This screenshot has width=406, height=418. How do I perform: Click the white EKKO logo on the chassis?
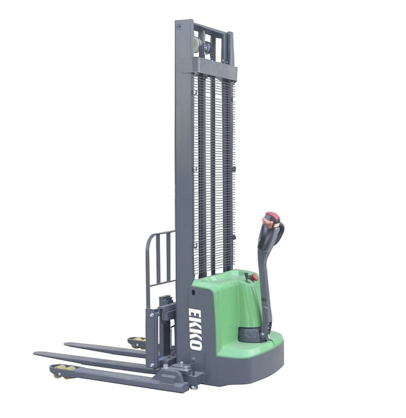click(x=195, y=328)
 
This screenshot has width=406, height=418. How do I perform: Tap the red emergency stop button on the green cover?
click(x=254, y=277)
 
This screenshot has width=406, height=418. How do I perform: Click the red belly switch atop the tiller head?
click(x=271, y=217)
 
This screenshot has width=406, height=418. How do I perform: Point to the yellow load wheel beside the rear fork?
click(x=137, y=342)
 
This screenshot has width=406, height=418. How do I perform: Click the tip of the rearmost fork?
click(x=67, y=344)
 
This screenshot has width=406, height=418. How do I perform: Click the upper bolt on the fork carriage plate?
click(x=151, y=315)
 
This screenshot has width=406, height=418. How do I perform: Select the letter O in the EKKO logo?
click(x=197, y=343)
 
